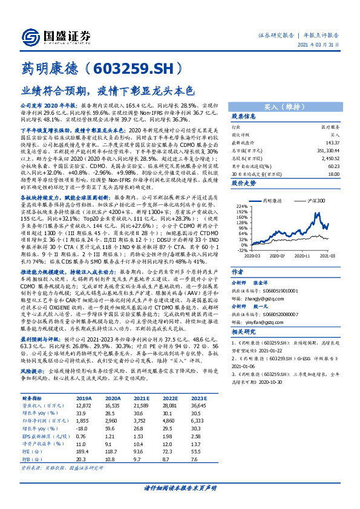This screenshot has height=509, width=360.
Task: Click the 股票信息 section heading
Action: [x=244, y=115]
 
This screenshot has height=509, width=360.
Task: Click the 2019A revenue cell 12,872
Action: [x=83, y=406]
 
